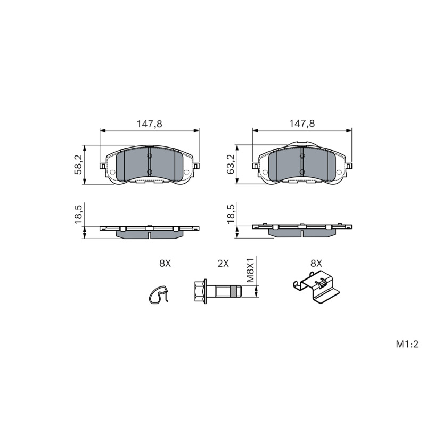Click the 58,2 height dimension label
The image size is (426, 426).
click(x=78, y=165)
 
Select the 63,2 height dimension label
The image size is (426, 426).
click(x=231, y=165)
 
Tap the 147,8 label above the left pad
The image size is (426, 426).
click(x=149, y=124)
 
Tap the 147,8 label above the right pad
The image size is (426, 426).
click(x=302, y=124)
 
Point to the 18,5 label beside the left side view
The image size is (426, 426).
click(x=78, y=215)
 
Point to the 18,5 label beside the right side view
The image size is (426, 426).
click(x=231, y=215)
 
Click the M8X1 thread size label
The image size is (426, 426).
click(x=250, y=271)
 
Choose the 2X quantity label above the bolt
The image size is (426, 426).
click(x=223, y=263)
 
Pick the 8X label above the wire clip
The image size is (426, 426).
click(x=165, y=263)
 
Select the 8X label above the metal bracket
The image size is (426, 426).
click(x=316, y=263)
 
